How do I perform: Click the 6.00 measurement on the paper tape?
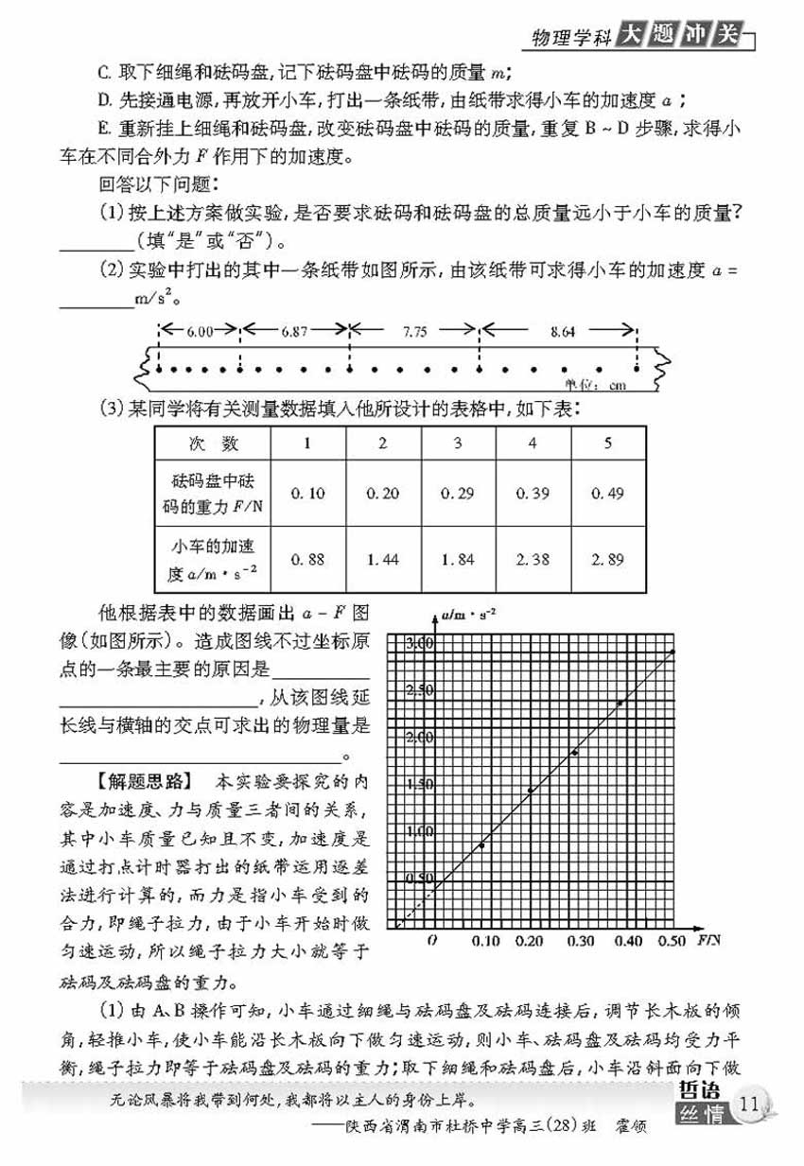pyautogui.click(x=201, y=332)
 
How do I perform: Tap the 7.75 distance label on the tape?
pyautogui.click(x=414, y=332)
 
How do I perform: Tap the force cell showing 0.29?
pyautogui.click(x=458, y=493)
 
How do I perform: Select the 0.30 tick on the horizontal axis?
pyautogui.click(x=584, y=942)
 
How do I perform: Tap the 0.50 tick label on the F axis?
pyautogui.click(x=673, y=942)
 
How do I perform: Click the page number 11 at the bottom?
pyautogui.click(x=751, y=1102)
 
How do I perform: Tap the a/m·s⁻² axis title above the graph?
pyautogui.click(x=469, y=618)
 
